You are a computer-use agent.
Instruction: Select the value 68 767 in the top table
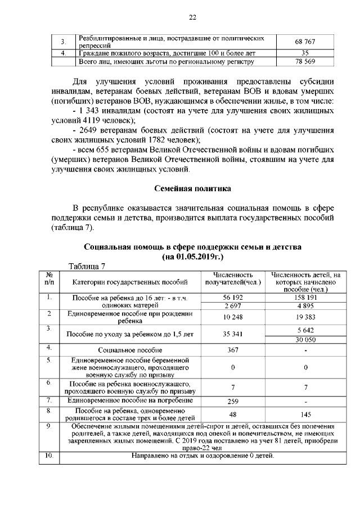click(x=304, y=42)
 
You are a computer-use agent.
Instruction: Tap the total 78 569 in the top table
click(x=304, y=61)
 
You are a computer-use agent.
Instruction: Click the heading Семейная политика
click(x=192, y=187)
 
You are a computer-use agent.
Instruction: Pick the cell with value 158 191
click(x=306, y=296)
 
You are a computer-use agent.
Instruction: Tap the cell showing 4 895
click(x=306, y=305)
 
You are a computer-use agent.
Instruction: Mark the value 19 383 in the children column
click(x=306, y=318)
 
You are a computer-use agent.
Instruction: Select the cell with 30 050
click(x=306, y=339)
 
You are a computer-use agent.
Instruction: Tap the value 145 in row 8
click(x=306, y=415)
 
